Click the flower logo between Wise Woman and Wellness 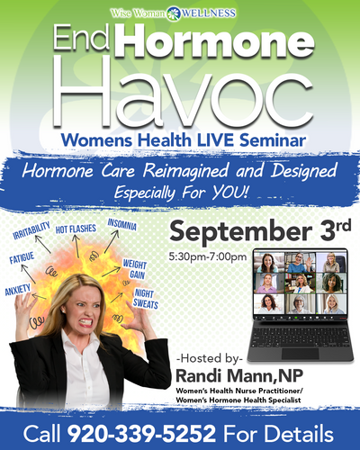coord(174,13)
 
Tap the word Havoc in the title coord(184,92)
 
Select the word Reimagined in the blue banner coord(185,171)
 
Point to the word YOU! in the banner coord(230,193)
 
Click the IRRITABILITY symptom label coord(31,230)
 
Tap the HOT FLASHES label coord(76,229)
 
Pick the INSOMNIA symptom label coord(122,224)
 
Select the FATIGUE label coord(22,258)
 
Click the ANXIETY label coord(18,290)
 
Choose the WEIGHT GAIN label coord(135,269)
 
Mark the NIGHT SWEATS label coord(145,299)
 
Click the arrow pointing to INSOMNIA coord(112,242)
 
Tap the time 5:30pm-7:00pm coord(208,256)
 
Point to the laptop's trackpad coord(300,354)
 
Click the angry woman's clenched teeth coord(85,323)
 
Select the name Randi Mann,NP coord(239,375)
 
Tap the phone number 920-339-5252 coord(141,433)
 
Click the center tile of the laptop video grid coord(300,283)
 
